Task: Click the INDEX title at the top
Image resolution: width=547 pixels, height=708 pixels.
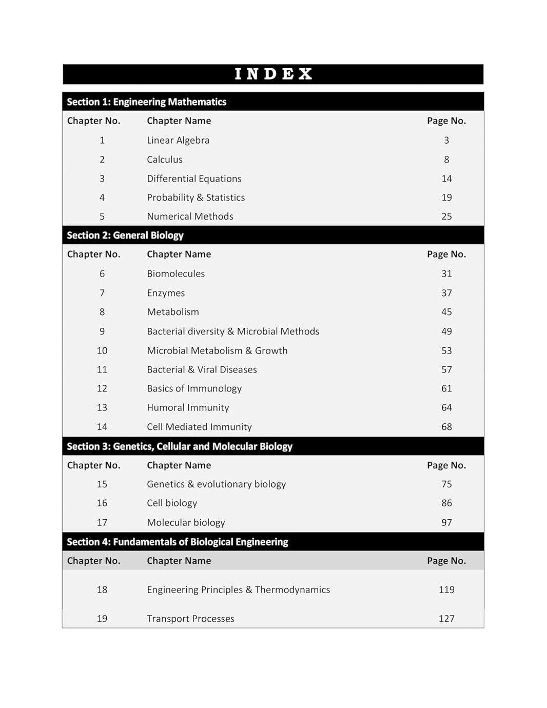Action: point(273,74)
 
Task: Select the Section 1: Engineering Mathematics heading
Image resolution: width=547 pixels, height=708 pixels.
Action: point(146,102)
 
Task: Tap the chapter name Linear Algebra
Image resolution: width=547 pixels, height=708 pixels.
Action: point(178,140)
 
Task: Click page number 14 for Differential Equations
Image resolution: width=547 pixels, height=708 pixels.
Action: point(446,179)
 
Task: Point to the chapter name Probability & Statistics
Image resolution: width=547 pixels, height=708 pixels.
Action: point(196,198)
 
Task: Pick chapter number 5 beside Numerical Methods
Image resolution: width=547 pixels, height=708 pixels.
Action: point(102,217)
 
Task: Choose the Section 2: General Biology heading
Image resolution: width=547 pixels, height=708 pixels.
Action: point(125,235)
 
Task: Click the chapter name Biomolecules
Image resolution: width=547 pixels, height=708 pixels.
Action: point(175,273)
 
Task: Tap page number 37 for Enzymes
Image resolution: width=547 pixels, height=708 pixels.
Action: point(446,293)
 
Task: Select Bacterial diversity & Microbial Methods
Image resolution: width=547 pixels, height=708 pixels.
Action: point(233,331)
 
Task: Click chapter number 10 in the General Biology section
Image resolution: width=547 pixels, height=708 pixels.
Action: point(102,350)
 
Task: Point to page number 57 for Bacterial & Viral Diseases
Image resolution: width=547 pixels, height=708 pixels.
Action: point(446,369)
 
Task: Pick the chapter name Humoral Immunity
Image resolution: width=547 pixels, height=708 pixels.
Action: point(188,407)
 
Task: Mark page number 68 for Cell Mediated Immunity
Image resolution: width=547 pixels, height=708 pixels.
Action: point(446,427)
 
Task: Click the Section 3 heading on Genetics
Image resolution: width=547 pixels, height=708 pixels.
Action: point(179,446)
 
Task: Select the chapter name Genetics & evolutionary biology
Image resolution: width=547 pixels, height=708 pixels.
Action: point(216,484)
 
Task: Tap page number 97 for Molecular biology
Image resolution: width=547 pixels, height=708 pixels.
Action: point(446,522)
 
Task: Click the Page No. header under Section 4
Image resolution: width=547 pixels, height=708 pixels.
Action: point(446,561)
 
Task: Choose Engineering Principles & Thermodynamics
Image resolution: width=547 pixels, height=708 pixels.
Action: point(238,589)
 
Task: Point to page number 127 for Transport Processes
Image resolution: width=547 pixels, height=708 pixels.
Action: point(446,618)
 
